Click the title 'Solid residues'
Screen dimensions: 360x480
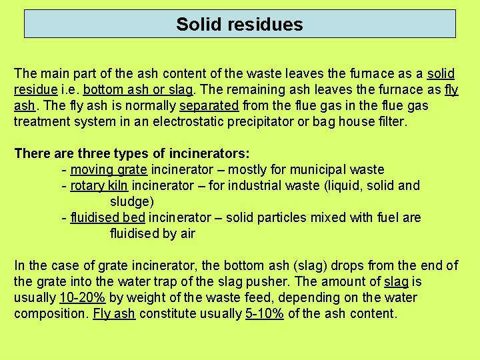239,25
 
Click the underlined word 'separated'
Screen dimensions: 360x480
209,105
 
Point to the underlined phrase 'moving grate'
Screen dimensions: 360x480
109,169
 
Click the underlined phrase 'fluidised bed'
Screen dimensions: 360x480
108,217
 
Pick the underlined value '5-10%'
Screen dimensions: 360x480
265,313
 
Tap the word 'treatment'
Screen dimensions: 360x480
42,121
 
